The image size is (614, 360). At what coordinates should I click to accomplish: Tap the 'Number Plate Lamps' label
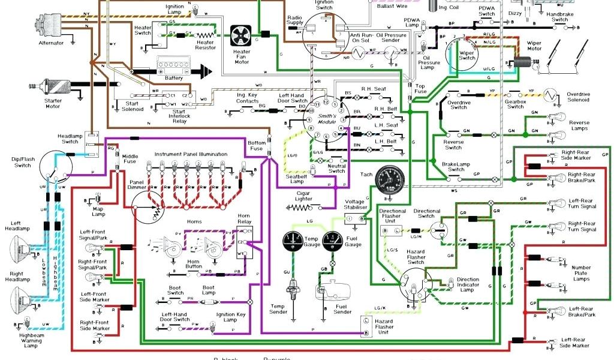coord(580,273)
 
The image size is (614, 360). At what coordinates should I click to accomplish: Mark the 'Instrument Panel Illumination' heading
coord(191,154)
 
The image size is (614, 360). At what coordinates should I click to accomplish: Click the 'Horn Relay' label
coord(243,218)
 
